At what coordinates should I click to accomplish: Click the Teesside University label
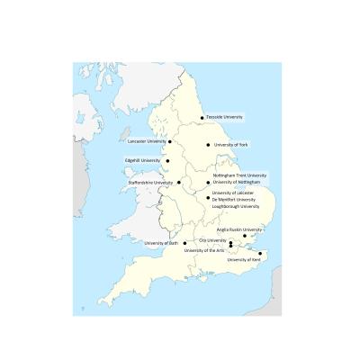[226, 117]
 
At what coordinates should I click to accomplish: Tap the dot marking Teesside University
[202, 118]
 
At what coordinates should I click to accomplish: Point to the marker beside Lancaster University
[170, 141]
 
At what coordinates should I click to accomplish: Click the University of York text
[230, 145]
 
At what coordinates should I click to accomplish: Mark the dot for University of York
[208, 145]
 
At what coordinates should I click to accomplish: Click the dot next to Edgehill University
[166, 161]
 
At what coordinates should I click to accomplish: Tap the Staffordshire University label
[151, 183]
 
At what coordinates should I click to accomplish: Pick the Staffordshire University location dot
[178, 183]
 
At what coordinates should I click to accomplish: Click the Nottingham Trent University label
[239, 175]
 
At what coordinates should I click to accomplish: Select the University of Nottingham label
[237, 182]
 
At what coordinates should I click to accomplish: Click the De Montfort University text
[234, 199]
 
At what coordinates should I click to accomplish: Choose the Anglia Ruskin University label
[239, 229]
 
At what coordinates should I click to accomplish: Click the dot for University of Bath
[185, 243]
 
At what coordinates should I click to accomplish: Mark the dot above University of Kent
[260, 254]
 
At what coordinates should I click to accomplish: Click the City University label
[212, 240]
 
